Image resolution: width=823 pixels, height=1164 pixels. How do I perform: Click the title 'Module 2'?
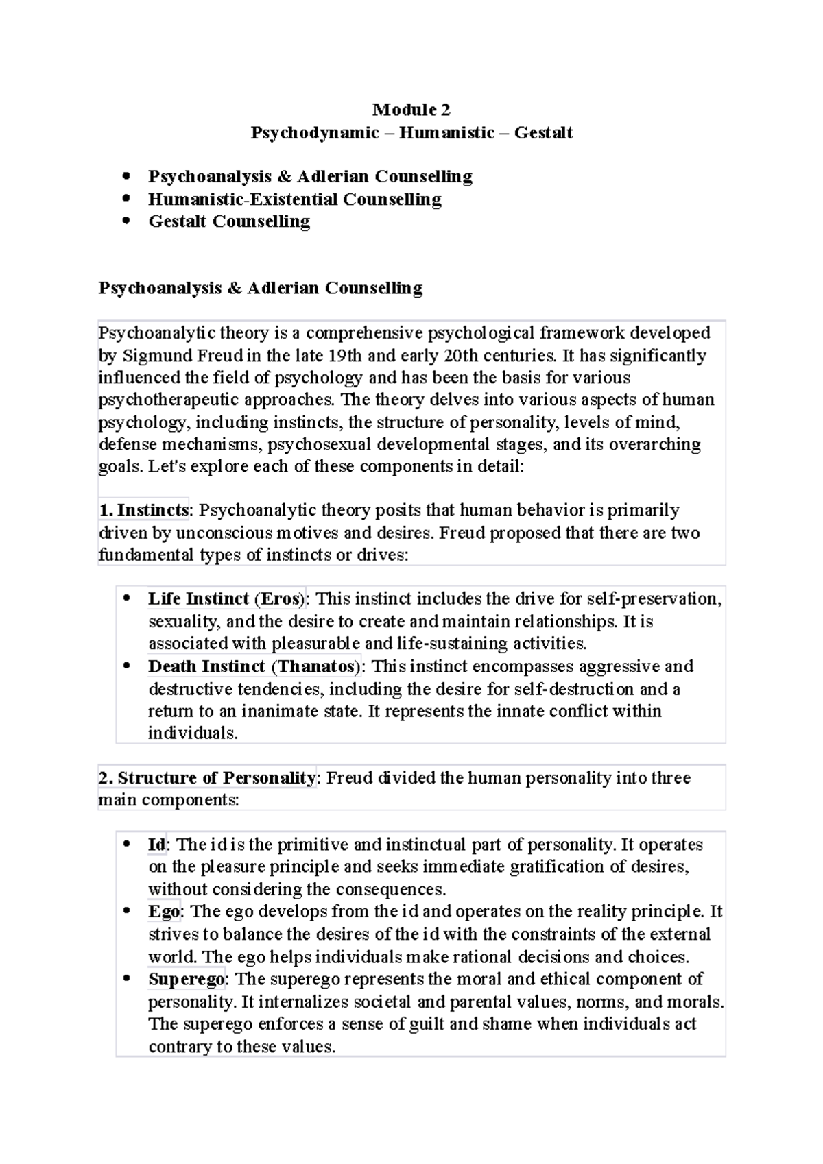411,110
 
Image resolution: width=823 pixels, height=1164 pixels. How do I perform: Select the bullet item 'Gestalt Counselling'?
229,221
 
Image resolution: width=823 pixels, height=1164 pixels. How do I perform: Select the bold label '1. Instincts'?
143,511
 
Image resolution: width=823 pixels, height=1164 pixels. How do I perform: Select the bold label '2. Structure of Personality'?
207,778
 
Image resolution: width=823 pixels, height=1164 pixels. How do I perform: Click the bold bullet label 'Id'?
156,845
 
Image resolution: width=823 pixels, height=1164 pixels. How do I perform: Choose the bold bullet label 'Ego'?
164,912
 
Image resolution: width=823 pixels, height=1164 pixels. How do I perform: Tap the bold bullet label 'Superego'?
187,979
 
